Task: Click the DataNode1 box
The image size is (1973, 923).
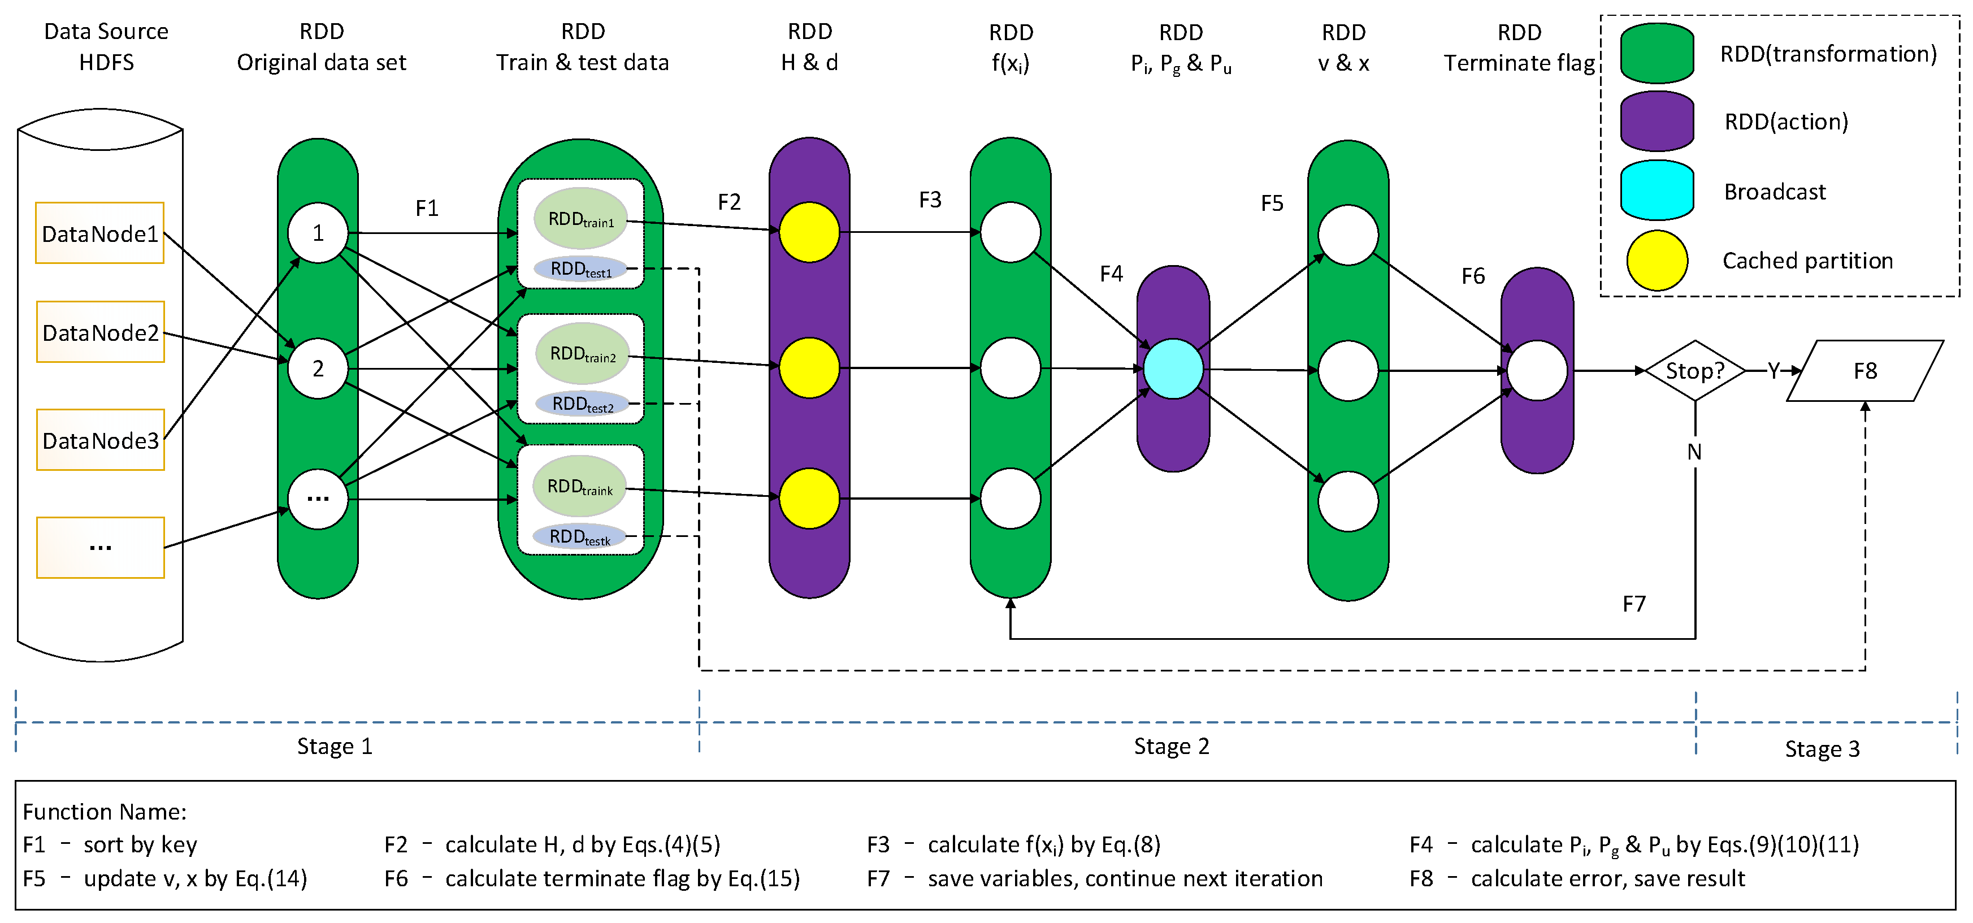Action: (99, 233)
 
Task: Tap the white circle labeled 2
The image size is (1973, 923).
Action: (318, 369)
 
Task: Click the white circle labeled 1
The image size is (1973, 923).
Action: (318, 233)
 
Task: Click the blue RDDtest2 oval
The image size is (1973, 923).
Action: (582, 404)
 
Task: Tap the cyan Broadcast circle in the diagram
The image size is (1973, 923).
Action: (1173, 369)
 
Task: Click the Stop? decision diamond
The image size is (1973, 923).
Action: (1695, 371)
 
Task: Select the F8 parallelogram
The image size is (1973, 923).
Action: (1865, 371)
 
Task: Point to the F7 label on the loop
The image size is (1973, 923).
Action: (1634, 604)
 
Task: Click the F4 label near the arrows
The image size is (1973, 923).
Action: (1111, 274)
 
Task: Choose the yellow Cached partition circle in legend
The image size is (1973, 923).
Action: (1657, 261)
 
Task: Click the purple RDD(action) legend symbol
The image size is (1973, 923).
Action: (1657, 121)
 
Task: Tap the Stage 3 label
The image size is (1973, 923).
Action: (1822, 748)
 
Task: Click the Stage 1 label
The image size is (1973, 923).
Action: (335, 746)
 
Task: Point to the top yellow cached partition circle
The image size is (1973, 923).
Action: (809, 232)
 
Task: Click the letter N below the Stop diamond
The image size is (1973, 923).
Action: (1694, 452)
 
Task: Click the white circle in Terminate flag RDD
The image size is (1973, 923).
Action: (1537, 371)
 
